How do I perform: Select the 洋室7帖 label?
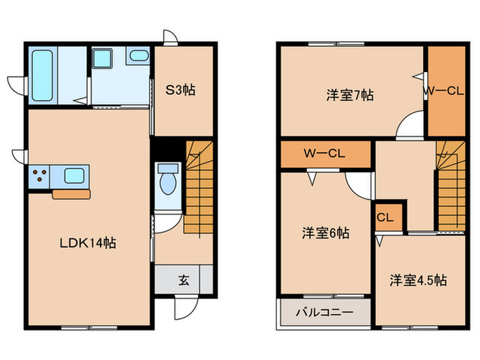349,95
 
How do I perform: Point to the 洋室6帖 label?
326,233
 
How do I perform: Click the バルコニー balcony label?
324,313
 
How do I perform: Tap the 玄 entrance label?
184,279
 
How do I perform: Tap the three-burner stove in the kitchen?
40,176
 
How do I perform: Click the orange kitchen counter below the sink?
71,194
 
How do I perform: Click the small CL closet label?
385,218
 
